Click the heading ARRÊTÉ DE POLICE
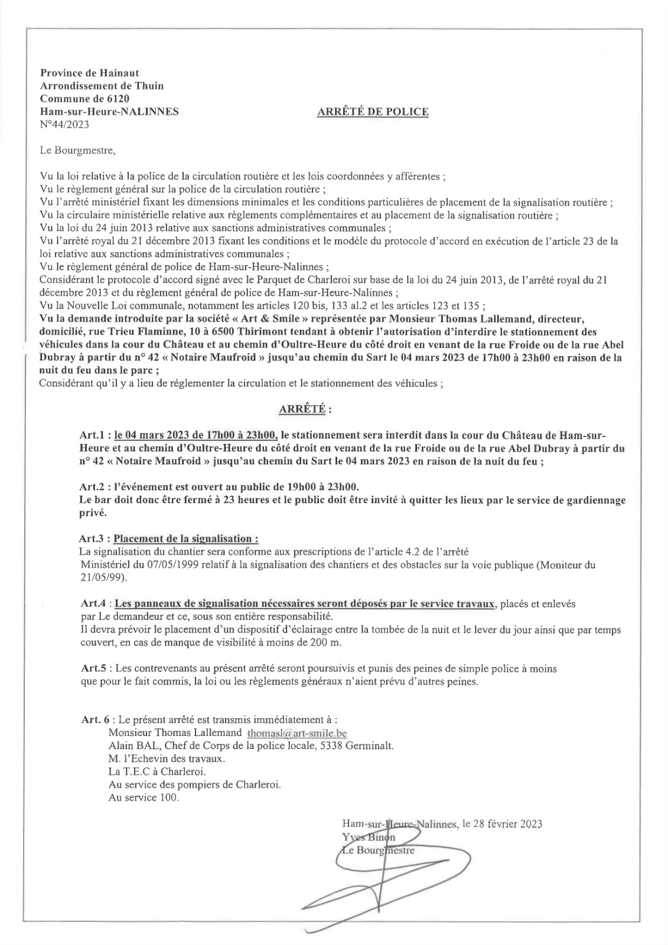click(373, 112)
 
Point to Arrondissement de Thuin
click(102, 86)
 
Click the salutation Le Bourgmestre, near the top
click(77, 150)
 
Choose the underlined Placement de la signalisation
click(185, 539)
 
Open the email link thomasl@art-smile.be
click(296, 733)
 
